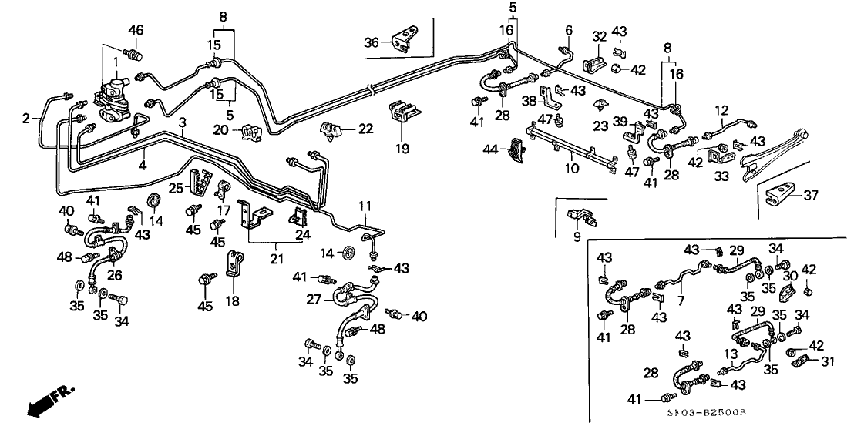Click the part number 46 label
(x=136, y=31)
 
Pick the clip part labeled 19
(x=403, y=113)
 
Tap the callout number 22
(x=365, y=129)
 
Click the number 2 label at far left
(x=25, y=119)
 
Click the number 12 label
(x=723, y=111)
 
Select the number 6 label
(x=569, y=30)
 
